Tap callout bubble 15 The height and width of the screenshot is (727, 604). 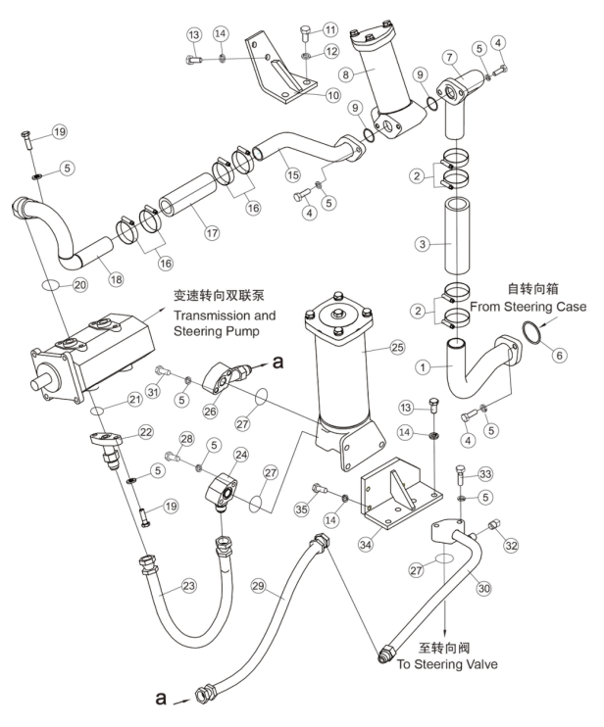click(293, 175)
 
